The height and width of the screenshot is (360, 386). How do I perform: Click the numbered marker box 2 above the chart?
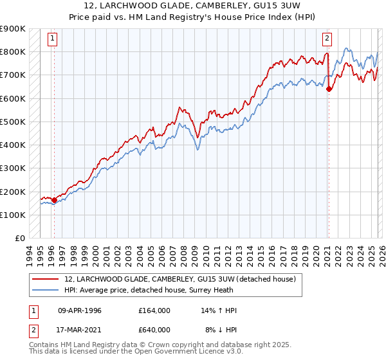[x=327, y=38]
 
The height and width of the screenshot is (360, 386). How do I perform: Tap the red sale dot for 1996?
[x=54, y=200]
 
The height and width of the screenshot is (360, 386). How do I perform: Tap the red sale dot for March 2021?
[x=329, y=89]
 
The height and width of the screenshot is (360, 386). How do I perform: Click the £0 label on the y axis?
[x=19, y=239]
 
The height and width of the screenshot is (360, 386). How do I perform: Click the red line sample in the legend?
[x=46, y=280]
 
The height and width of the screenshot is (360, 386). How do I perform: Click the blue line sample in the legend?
[x=46, y=291]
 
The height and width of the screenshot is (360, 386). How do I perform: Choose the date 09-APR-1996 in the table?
[x=80, y=310]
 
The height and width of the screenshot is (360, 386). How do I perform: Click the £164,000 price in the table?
[x=154, y=310]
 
